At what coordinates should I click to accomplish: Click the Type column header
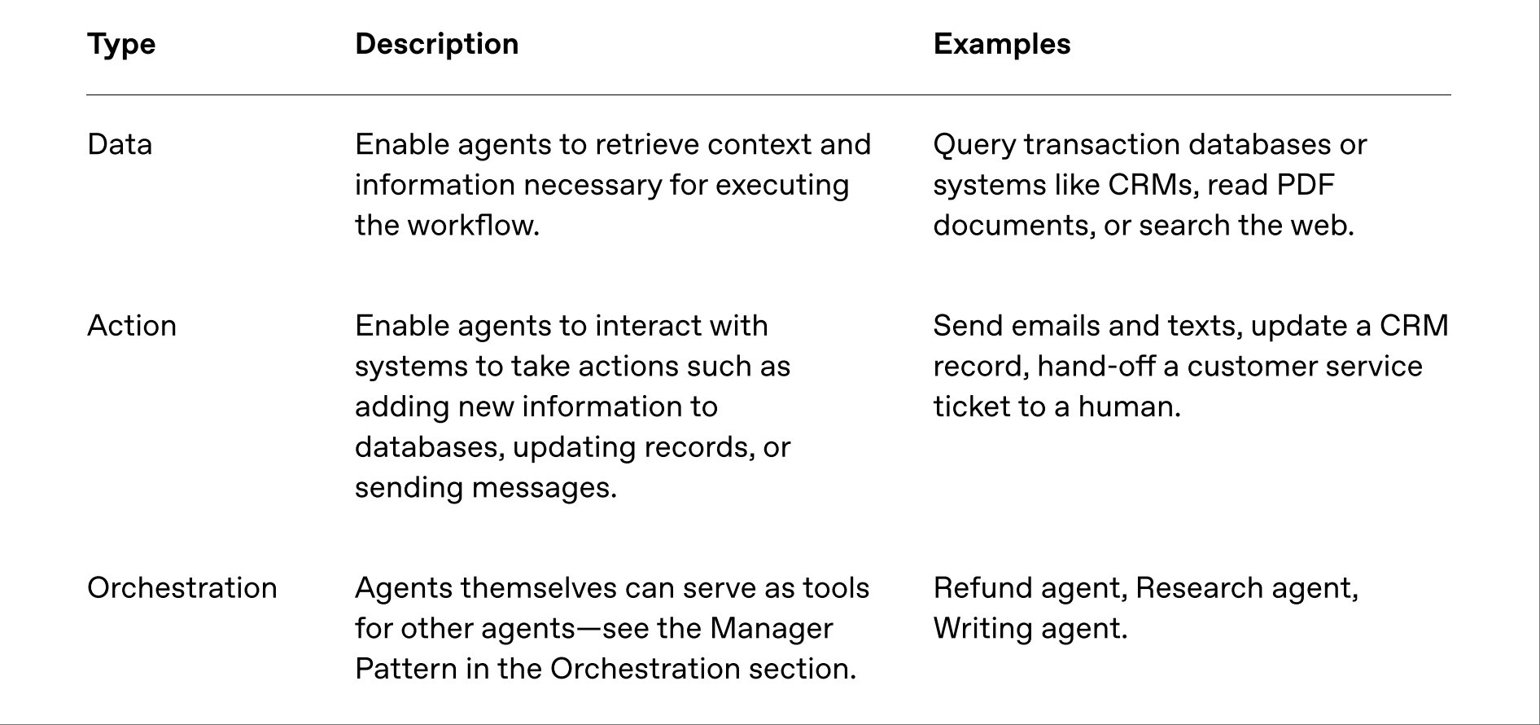121,45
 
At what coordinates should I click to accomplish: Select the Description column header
437,44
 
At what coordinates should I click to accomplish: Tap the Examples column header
1002,44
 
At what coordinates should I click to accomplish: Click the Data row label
120,144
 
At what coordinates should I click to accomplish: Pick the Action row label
132,326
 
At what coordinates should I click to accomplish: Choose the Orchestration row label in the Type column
182,588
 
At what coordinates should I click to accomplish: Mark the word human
1129,406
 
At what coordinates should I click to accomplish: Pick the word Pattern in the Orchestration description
406,669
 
